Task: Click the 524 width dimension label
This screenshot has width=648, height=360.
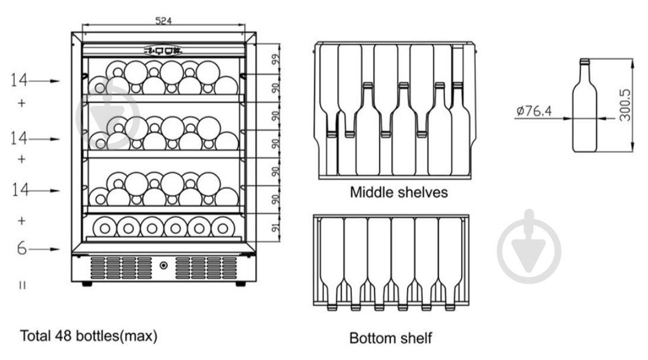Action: coord(163,20)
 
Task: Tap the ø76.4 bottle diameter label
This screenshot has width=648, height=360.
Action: coord(534,111)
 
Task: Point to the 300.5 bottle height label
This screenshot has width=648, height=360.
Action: coord(625,105)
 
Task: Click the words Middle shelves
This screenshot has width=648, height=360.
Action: coord(399,192)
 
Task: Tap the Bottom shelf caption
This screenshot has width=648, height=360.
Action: coord(390,338)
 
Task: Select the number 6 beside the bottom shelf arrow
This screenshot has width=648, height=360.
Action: coord(22,248)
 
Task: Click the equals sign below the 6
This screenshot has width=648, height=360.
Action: coord(23,285)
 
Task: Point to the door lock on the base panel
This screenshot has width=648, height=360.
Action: coord(164,265)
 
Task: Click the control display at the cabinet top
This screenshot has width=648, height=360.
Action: coord(163,51)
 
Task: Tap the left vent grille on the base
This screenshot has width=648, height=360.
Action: coord(121,267)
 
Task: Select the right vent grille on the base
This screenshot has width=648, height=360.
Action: coord(207,267)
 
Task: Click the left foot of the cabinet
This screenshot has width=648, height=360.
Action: coord(87,284)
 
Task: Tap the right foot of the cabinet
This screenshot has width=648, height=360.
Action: coord(240,284)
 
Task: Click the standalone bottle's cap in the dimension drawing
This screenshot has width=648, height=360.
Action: coord(585,62)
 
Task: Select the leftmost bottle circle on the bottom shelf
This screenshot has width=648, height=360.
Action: coord(104,228)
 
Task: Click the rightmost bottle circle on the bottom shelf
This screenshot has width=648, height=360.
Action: coord(223,228)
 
